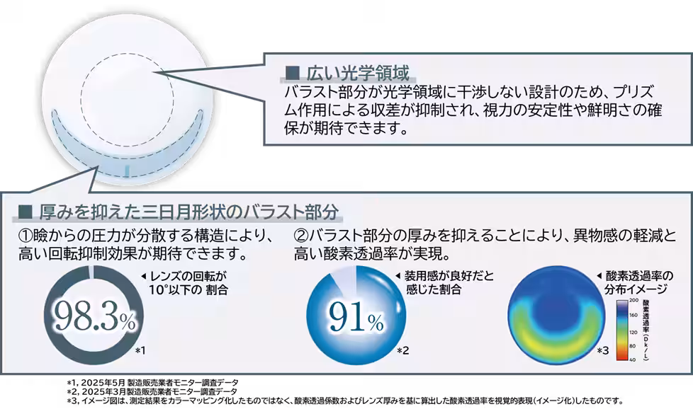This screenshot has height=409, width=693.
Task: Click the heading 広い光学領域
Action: [x=357, y=72]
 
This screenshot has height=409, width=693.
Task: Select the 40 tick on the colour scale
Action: [x=633, y=360]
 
